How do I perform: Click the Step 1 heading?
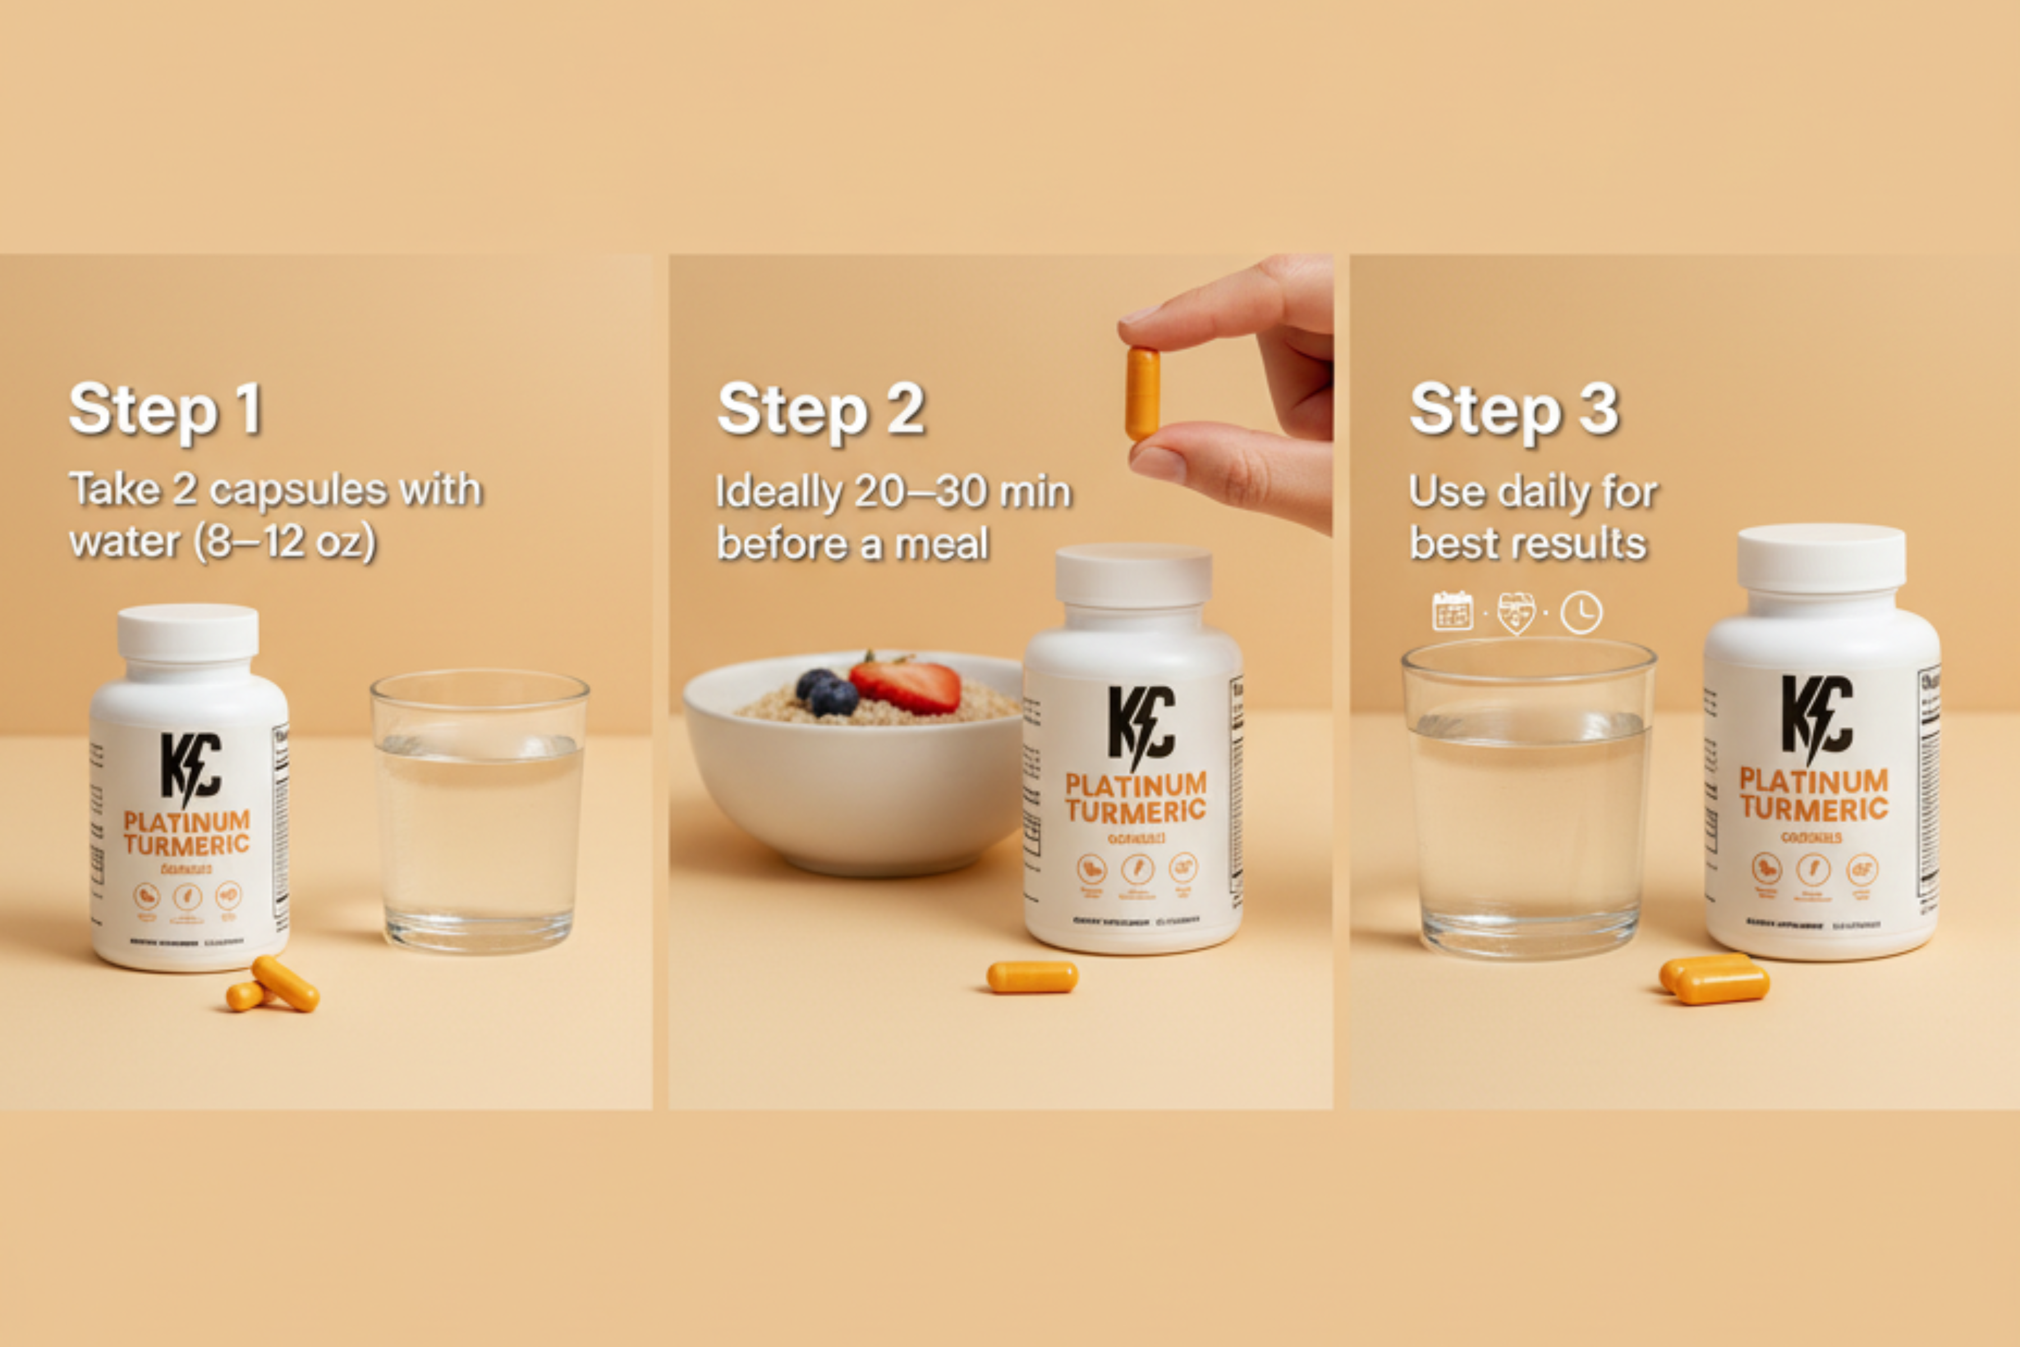point(165,411)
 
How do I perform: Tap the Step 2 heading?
point(820,411)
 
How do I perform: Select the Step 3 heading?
point(1513,411)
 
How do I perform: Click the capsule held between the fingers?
point(1142,393)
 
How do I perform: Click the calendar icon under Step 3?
point(1452,612)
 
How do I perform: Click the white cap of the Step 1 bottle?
point(188,633)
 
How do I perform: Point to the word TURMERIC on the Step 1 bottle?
point(186,845)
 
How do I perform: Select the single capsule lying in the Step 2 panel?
point(1031,977)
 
